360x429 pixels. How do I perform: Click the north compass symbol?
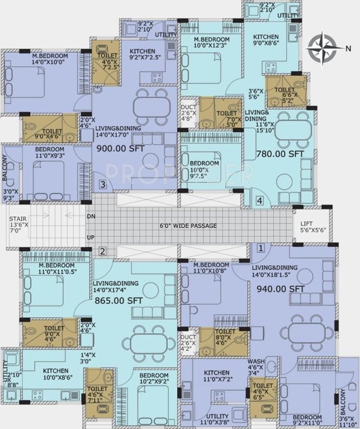323,47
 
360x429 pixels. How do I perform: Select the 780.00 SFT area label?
280,154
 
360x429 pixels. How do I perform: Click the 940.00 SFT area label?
281,289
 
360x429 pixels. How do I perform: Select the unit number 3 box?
102,184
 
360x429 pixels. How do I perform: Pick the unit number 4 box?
259,200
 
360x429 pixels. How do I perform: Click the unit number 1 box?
260,247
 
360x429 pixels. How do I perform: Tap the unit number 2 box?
102,251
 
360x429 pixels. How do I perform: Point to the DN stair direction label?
91,216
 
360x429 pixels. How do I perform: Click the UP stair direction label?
91,237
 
